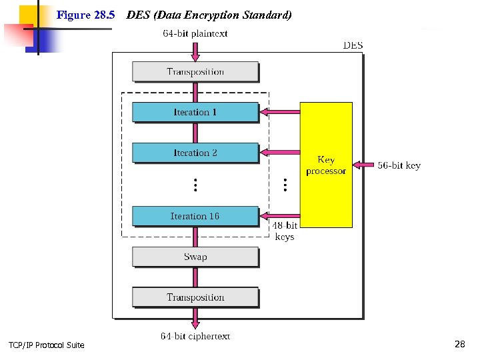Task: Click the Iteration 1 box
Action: pos(195,112)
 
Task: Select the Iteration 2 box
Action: pos(195,153)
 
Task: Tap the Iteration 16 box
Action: pos(195,216)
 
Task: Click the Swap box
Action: pos(195,257)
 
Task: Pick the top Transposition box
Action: pos(195,71)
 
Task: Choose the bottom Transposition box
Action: pos(195,297)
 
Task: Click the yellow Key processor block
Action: pos(326,165)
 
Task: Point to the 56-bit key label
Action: pos(399,165)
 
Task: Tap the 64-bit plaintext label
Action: pos(195,33)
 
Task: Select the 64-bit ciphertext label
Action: pos(195,336)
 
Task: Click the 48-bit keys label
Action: pos(285,231)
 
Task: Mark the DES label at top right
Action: pos(353,45)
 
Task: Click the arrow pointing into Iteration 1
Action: pos(279,111)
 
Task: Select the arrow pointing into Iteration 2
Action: pos(279,152)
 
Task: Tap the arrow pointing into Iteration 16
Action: pos(279,215)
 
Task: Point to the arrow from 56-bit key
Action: pos(363,165)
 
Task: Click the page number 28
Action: pos(459,344)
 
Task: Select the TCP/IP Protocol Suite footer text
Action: pos(47,345)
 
